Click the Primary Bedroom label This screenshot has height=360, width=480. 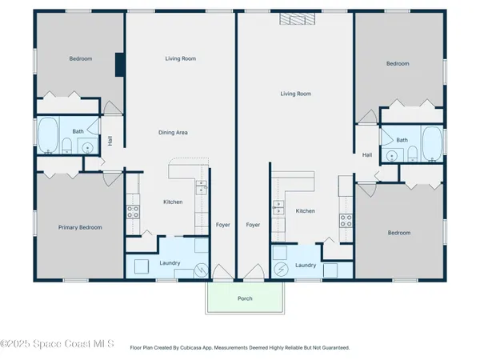coord(80,227)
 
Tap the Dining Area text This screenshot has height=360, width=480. coord(171,132)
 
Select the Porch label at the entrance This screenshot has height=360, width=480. coord(244,300)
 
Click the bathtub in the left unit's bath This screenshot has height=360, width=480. coord(48,135)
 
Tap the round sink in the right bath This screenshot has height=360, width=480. coord(392,155)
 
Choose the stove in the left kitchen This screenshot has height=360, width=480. coord(134,212)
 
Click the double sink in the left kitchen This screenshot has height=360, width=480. coord(201,188)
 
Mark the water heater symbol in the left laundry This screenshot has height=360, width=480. coord(201,271)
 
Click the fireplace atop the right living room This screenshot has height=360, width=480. coord(293,20)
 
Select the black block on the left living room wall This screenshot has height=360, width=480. coord(119,64)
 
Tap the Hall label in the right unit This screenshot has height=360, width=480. coord(367,155)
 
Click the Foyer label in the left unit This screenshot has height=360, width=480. coord(223,225)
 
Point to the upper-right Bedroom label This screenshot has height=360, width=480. coord(398,64)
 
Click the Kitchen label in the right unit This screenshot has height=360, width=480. coord(305,211)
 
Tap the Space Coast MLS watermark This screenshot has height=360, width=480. coord(58,345)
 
